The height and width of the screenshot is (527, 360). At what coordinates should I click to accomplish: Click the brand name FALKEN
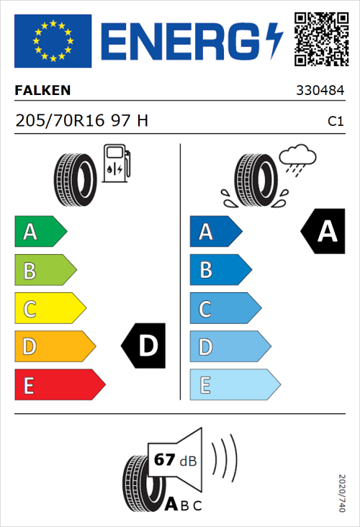(42, 90)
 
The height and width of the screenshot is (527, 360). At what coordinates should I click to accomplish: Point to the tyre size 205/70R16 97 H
(81, 121)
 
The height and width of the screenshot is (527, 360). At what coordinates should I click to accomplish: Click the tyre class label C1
(335, 122)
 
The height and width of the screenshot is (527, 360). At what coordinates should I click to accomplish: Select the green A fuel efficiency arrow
(40, 232)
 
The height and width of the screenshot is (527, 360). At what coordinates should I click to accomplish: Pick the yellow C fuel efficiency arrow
(50, 309)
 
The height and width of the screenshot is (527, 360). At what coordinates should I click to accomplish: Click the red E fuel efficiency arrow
(59, 385)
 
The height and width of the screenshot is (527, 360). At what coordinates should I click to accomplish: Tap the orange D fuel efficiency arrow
(55, 347)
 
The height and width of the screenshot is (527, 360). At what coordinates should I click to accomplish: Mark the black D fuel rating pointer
(145, 347)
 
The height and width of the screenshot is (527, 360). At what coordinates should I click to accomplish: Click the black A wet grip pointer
(323, 232)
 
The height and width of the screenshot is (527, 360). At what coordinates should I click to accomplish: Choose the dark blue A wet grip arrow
(215, 232)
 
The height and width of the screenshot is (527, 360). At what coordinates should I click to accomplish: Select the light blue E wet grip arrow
(234, 385)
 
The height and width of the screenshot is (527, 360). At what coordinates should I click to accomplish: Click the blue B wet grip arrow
(220, 270)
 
